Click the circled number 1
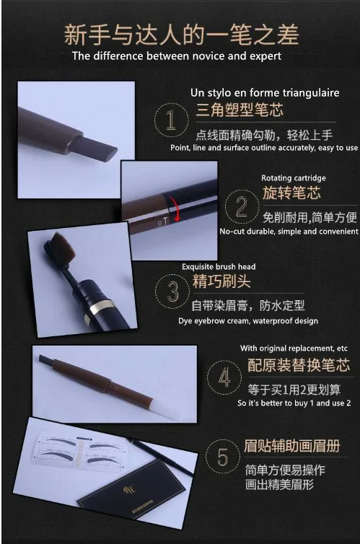(x=171, y=120)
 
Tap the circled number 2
(x=242, y=207)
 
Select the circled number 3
(x=172, y=291)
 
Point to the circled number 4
(x=224, y=377)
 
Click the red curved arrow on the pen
(x=176, y=209)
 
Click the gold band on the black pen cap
(x=100, y=306)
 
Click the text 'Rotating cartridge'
(x=294, y=178)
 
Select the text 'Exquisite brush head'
(x=219, y=266)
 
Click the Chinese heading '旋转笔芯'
(x=291, y=193)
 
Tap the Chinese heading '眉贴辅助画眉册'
(x=291, y=446)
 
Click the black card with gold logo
(x=137, y=493)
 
